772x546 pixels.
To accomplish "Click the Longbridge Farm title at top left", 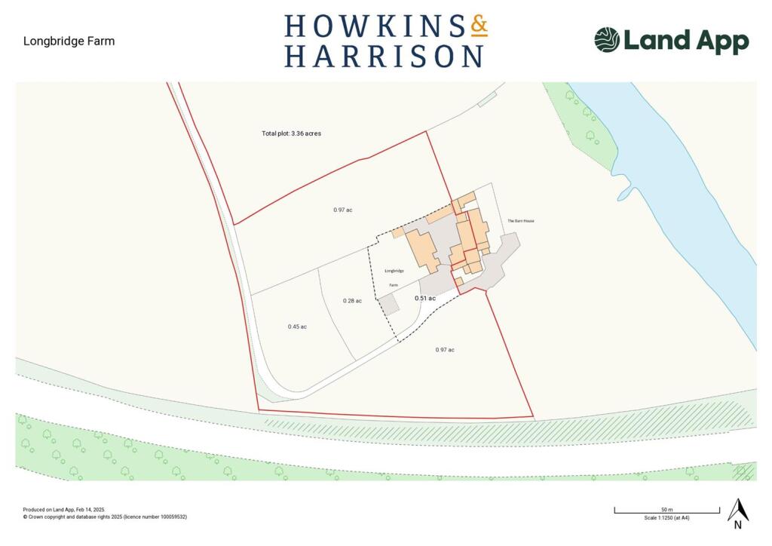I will click(x=69, y=41).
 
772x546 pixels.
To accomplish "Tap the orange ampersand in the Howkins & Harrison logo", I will click(x=479, y=26).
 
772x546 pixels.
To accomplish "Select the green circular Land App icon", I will click(x=607, y=40).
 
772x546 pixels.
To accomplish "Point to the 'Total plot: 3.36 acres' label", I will click(x=292, y=133).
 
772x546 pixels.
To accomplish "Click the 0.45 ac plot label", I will click(x=297, y=327).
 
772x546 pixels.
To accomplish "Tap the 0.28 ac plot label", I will click(x=352, y=301).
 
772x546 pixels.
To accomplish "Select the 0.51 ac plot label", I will click(x=425, y=299).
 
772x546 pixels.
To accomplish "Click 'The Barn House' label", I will click(x=520, y=221).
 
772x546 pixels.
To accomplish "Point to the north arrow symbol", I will click(x=738, y=511).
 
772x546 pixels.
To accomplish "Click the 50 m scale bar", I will click(x=666, y=512).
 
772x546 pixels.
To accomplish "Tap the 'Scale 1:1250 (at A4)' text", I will click(x=666, y=518).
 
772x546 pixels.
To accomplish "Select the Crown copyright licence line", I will click(x=105, y=517).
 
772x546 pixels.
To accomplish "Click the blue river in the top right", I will click(x=679, y=189).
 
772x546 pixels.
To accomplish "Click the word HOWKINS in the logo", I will click(x=374, y=26).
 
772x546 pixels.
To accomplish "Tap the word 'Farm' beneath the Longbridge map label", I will click(x=393, y=285).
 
